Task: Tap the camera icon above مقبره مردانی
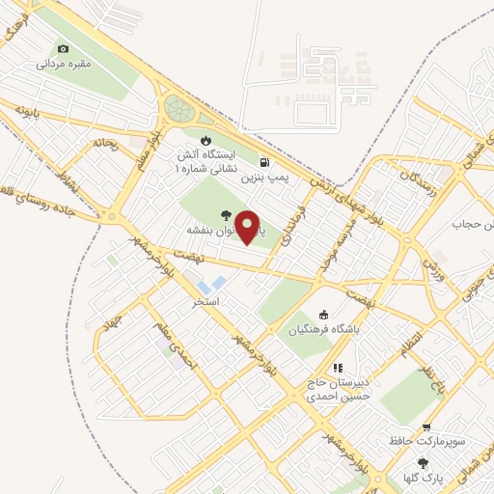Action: [63, 49]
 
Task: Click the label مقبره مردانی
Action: [63, 64]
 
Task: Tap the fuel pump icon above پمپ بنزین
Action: [264, 163]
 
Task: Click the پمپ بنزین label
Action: [264, 178]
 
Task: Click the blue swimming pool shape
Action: [217, 285]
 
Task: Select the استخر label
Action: [206, 302]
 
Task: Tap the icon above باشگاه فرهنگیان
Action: [323, 315]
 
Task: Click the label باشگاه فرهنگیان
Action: [323, 329]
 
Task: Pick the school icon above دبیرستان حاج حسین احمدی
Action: [337, 368]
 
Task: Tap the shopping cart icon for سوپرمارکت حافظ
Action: [426, 427]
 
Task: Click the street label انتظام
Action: [411, 343]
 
